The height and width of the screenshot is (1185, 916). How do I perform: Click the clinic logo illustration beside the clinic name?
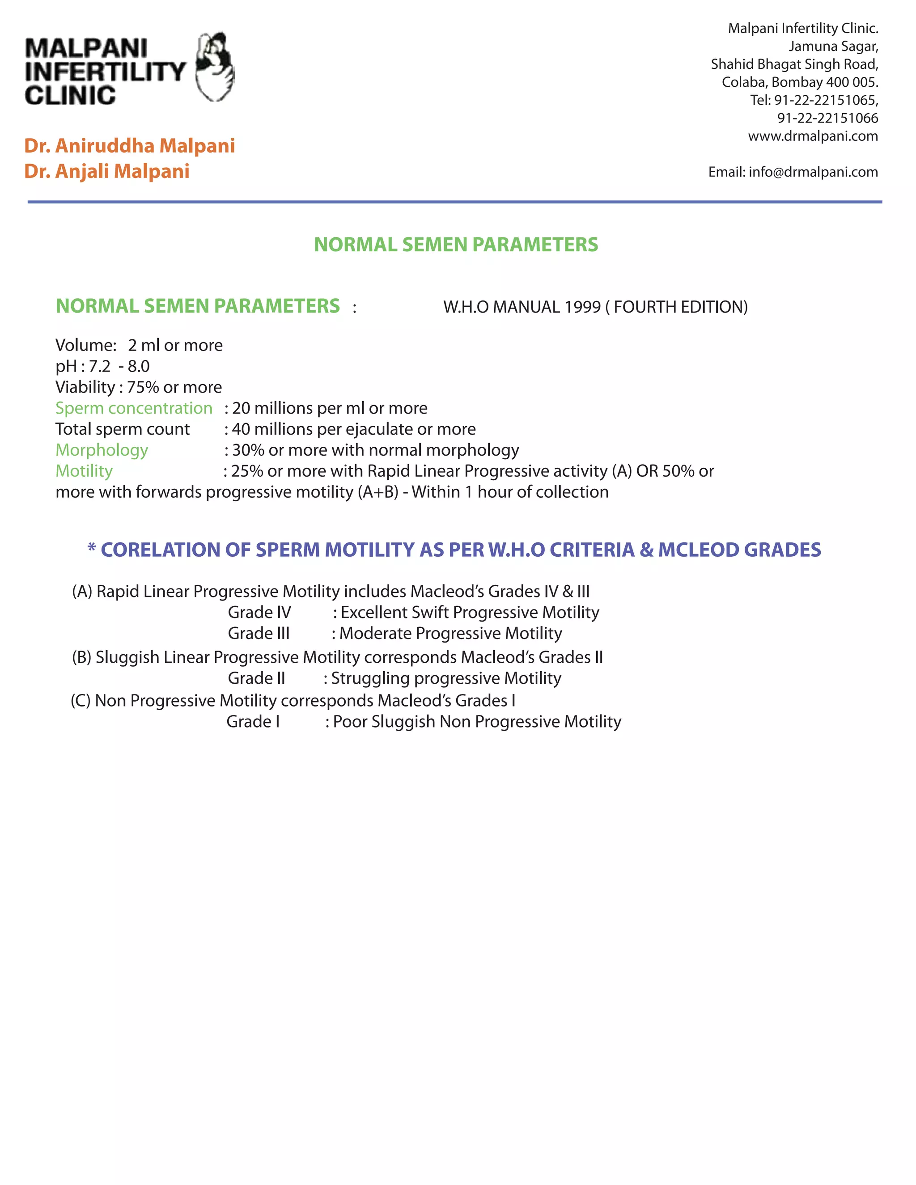pyautogui.click(x=215, y=67)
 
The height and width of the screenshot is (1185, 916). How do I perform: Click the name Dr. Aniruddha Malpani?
pyautogui.click(x=129, y=145)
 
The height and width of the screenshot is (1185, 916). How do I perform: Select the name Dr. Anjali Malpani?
pyautogui.click(x=107, y=171)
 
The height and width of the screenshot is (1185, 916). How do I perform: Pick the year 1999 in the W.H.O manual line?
pyautogui.click(x=582, y=307)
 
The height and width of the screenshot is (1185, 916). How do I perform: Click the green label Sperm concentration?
pyautogui.click(x=133, y=408)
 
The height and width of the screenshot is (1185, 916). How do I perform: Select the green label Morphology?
pyautogui.click(x=102, y=450)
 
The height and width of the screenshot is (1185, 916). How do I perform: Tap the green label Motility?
pyautogui.click(x=84, y=471)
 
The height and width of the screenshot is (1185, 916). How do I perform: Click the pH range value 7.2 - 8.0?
pyautogui.click(x=119, y=366)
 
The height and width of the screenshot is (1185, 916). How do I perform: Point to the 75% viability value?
pyautogui.click(x=143, y=387)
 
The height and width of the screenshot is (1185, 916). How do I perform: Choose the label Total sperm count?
pyautogui.click(x=122, y=429)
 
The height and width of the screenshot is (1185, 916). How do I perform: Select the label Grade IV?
pyautogui.click(x=259, y=613)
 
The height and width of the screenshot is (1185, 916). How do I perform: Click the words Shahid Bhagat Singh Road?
pyautogui.click(x=794, y=64)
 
